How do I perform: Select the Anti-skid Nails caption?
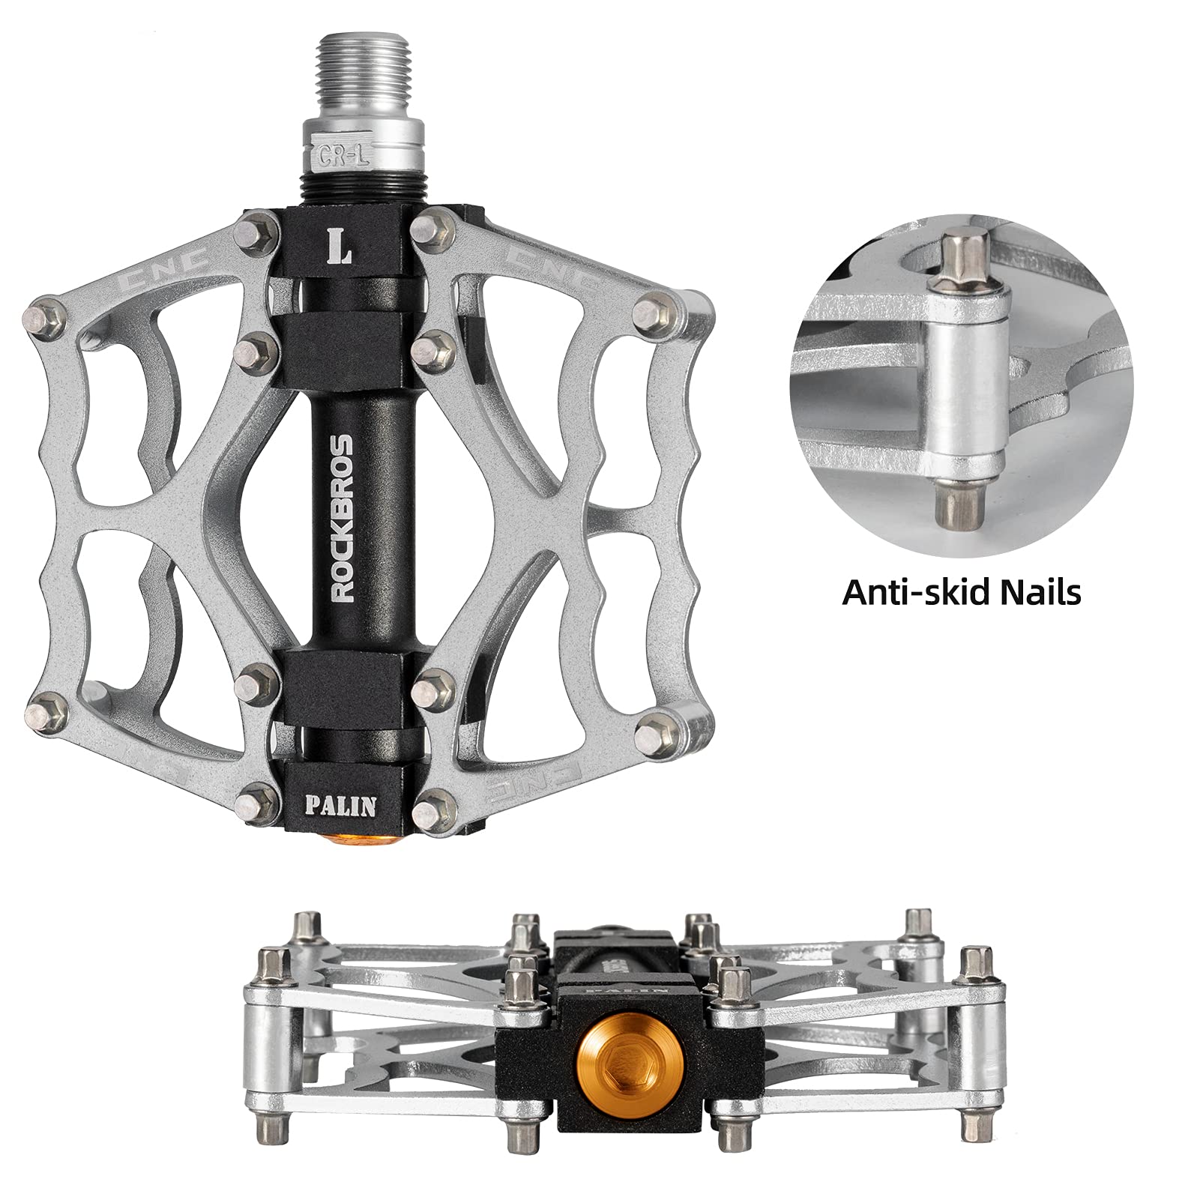[962, 591]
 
